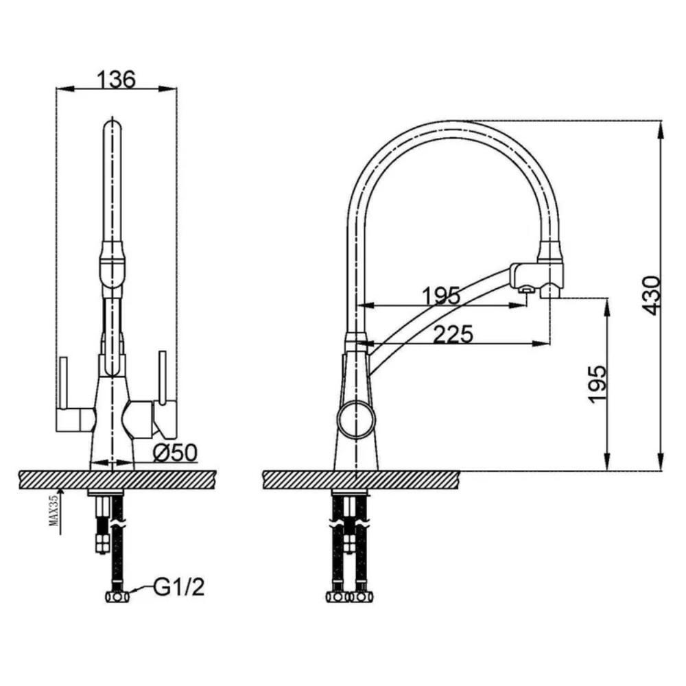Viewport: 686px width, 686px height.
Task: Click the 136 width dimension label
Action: pos(116,79)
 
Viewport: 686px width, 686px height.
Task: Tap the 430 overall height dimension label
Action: pos(652,295)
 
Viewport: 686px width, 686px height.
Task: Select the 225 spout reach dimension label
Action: pos(453,334)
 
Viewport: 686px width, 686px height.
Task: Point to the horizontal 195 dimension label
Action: pos(441,296)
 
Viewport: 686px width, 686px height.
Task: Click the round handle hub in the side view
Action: pos(356,418)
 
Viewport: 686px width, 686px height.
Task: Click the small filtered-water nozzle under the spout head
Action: pos(525,290)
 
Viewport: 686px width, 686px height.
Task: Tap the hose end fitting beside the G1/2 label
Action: pos(118,597)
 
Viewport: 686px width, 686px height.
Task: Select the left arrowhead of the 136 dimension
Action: pos(64,89)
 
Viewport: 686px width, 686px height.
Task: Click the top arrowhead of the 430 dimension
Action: pos(661,128)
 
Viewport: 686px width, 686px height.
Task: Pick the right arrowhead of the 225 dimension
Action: pos(542,344)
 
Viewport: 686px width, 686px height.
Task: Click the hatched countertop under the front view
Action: pos(118,480)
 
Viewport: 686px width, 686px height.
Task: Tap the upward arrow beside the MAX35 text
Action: pos(60,511)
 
